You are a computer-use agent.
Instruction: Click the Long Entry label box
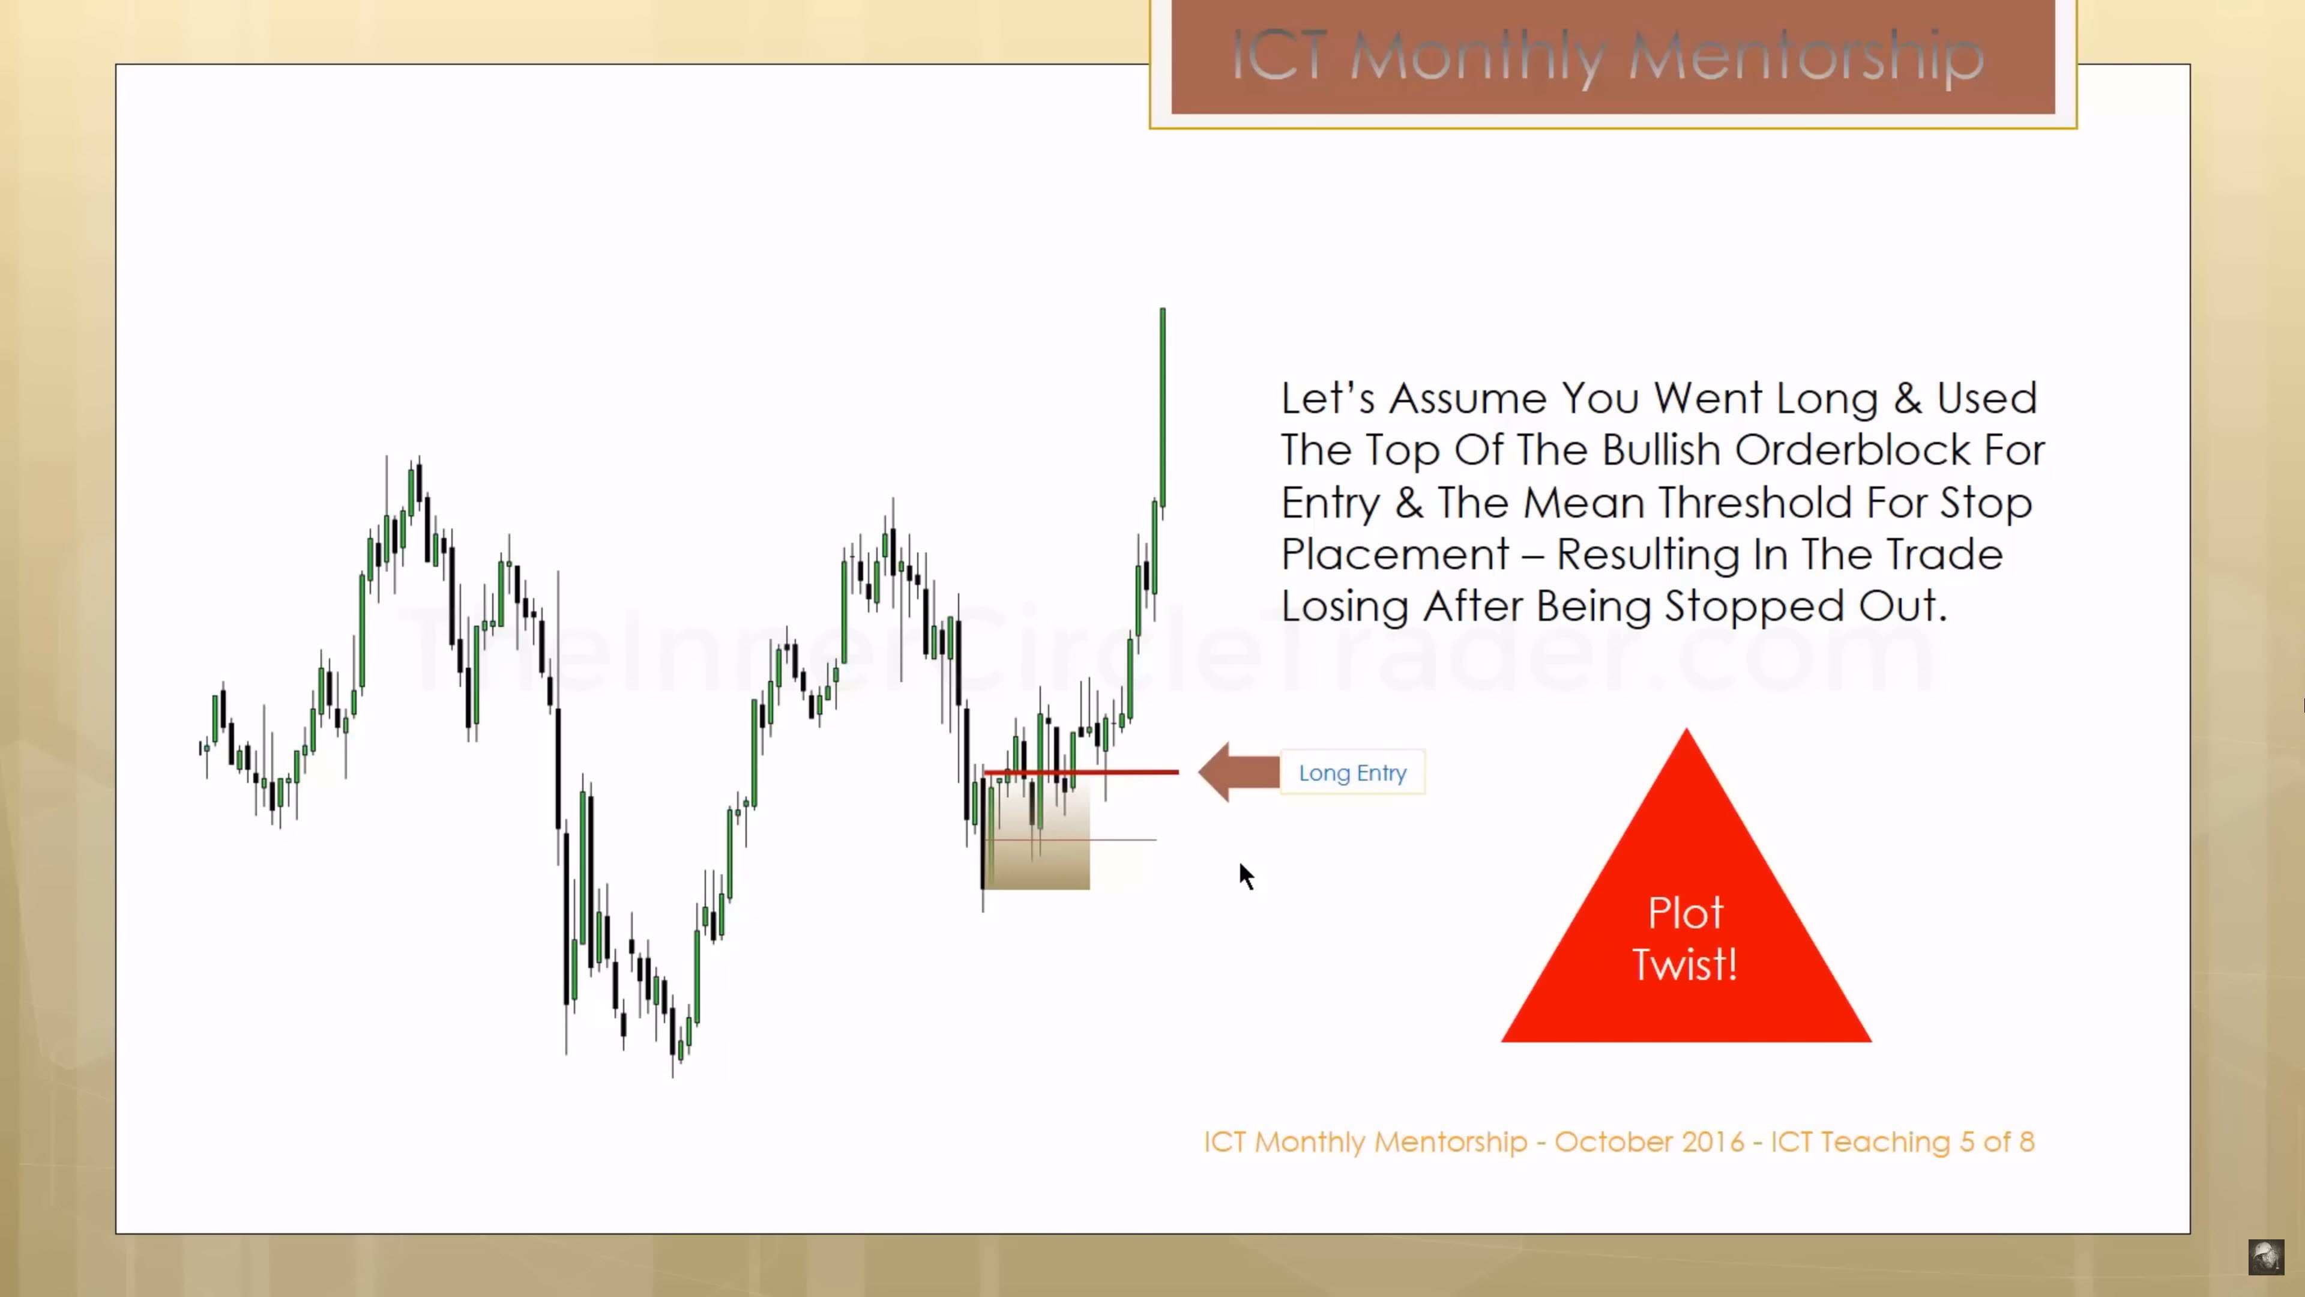[1352, 772]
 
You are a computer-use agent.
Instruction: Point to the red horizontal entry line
[1081, 772]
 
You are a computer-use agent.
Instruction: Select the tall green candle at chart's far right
[1162, 407]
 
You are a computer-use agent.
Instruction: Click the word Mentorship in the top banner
[1805, 56]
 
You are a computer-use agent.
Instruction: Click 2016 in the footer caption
[1713, 1142]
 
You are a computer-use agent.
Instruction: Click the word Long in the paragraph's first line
[1826, 398]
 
